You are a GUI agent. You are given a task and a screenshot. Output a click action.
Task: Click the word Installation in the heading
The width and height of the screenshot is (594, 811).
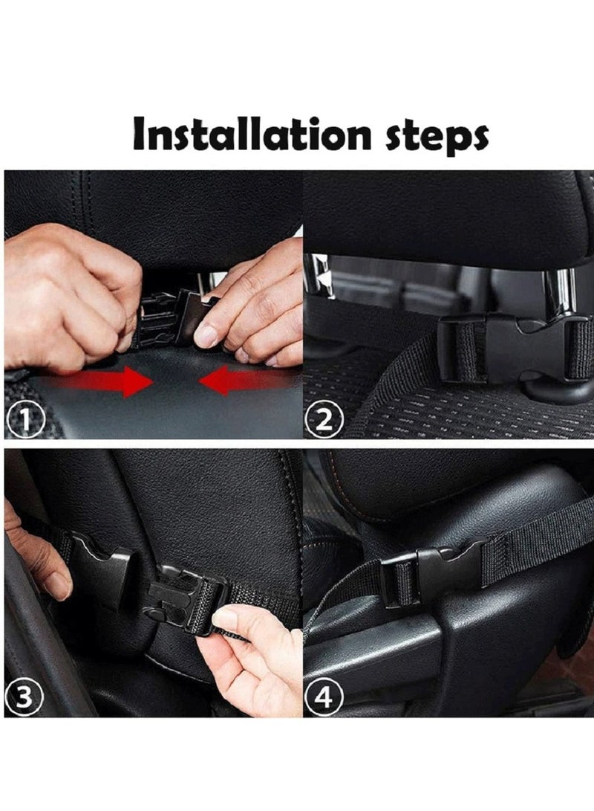point(252,135)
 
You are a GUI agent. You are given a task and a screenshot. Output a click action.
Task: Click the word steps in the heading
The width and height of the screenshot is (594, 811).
point(437,137)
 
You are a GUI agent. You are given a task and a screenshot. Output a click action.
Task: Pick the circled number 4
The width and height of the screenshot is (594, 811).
point(324,697)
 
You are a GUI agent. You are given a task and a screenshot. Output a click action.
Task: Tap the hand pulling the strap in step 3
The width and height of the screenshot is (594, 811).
point(258,658)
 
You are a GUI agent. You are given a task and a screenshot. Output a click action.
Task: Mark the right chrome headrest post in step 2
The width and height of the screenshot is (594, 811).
point(564,290)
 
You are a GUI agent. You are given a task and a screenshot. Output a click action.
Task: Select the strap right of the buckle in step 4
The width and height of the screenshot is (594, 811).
point(537,541)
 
